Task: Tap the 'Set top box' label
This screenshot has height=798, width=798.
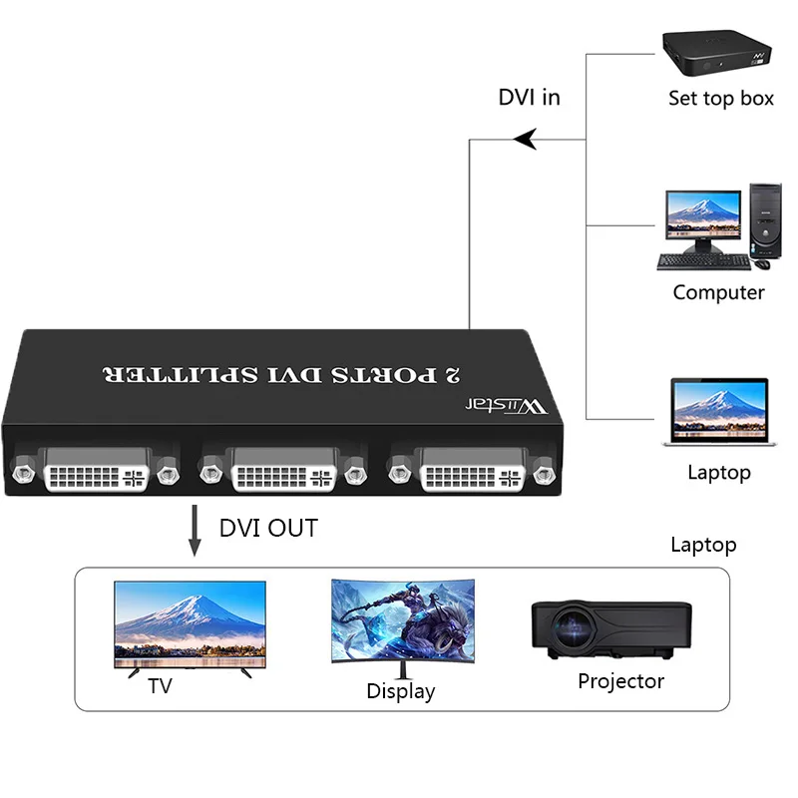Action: click(720, 99)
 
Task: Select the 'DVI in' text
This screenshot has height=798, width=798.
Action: click(529, 97)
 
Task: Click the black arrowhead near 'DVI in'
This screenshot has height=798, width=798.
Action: click(525, 140)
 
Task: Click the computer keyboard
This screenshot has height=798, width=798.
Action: click(702, 262)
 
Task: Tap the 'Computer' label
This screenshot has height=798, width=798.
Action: click(718, 292)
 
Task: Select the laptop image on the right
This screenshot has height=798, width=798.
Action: click(718, 412)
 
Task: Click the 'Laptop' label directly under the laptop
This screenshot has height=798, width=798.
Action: click(718, 472)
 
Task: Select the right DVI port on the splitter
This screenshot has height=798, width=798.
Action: click(471, 469)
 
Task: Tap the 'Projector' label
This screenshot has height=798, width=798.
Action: click(620, 681)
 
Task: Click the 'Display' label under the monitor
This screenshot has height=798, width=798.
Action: click(401, 690)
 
